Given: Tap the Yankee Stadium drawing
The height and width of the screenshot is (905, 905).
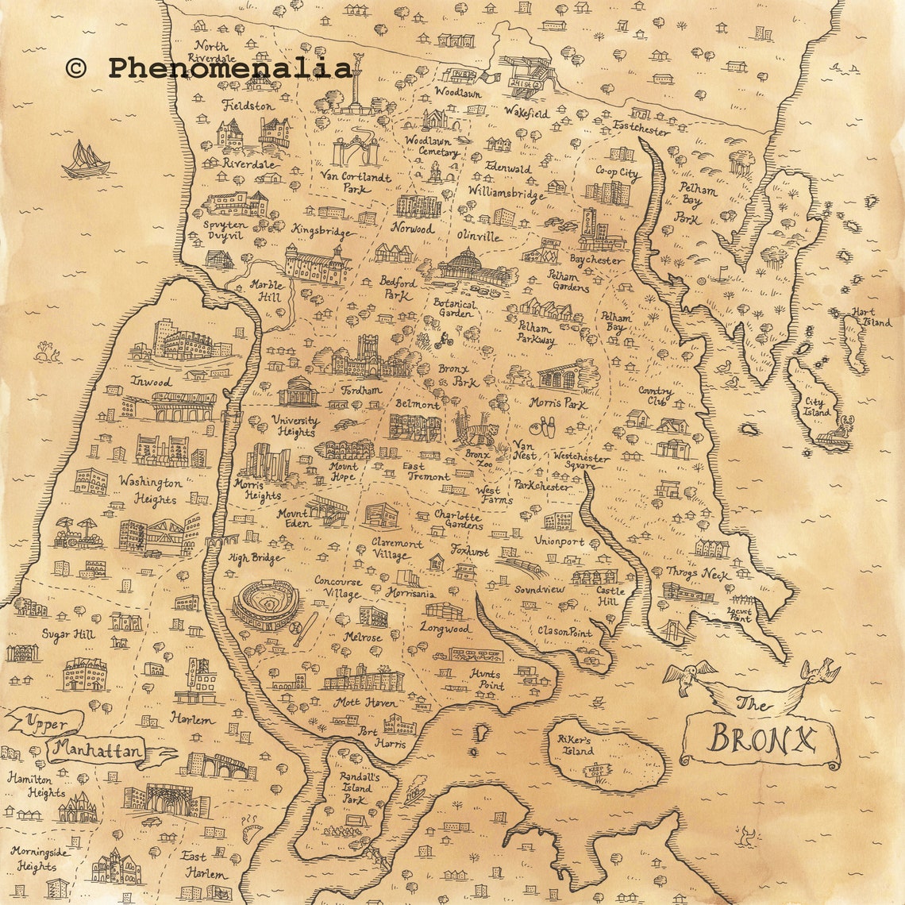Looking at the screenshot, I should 266,605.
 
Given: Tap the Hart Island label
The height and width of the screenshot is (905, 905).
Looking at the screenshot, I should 870,317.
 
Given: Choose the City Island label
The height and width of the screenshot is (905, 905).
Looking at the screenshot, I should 817,407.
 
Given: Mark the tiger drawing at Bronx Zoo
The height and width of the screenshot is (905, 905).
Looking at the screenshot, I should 476,432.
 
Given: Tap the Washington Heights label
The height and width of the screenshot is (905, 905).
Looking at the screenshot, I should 151,491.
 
